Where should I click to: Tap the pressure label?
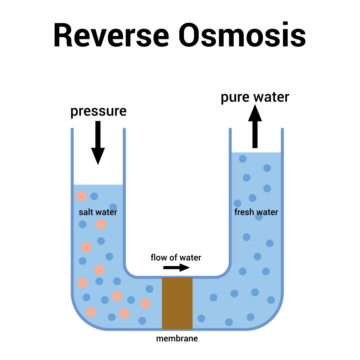pyautogui.click(x=98, y=111)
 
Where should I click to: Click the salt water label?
pyautogui.click(x=98, y=212)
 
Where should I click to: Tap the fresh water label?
pyautogui.click(x=256, y=212)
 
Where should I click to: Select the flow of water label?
pyautogui.click(x=176, y=257)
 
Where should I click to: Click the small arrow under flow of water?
pyautogui.click(x=176, y=267)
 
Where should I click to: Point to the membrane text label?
pyautogui.click(x=177, y=338)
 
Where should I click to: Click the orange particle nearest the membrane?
pyautogui.click(x=145, y=303)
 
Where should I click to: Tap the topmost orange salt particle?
pyautogui.click(x=81, y=196)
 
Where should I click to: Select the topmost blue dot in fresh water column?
pyautogui.click(x=243, y=158)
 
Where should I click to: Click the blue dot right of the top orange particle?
pyautogui.click(x=94, y=196)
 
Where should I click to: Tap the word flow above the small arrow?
pyautogui.click(x=157, y=257)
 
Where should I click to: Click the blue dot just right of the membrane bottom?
pyautogui.click(x=201, y=318)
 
